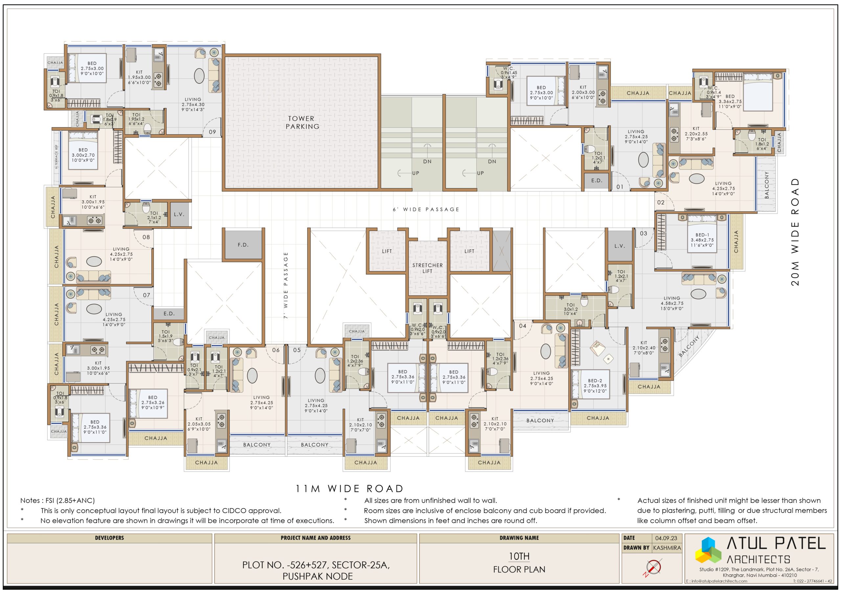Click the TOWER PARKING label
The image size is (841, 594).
click(x=302, y=122)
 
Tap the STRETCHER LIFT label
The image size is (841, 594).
click(x=427, y=268)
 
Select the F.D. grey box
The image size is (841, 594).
click(x=243, y=245)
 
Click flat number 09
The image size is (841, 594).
click(x=213, y=132)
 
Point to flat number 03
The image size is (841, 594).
click(x=644, y=233)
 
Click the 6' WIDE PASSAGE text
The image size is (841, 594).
click(x=426, y=210)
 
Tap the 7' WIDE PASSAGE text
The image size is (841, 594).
click(x=286, y=285)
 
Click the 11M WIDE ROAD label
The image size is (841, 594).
click(x=350, y=488)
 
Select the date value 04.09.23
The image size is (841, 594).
click(x=666, y=538)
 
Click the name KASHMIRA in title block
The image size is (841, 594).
click(x=667, y=548)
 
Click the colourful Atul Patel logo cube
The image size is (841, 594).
click(x=708, y=550)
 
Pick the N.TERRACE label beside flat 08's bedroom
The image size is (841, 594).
click(x=57, y=157)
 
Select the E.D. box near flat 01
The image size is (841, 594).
click(x=597, y=181)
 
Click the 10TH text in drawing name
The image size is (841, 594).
click(x=519, y=556)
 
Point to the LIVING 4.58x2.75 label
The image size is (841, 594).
click(x=672, y=303)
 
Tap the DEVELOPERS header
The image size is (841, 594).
click(x=109, y=538)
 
